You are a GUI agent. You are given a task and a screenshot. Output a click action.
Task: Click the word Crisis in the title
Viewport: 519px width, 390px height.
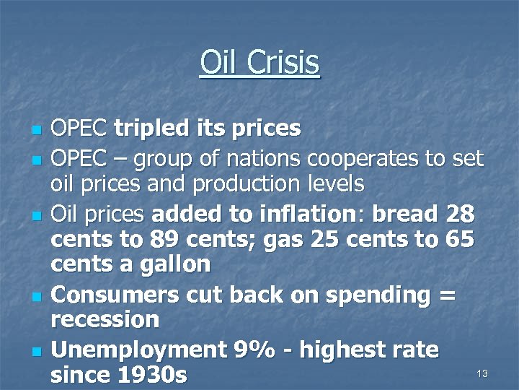tap(285, 63)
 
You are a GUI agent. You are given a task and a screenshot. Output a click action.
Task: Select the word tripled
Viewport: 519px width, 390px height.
tap(153, 129)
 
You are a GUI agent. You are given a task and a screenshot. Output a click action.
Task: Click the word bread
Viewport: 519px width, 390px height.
tap(407, 214)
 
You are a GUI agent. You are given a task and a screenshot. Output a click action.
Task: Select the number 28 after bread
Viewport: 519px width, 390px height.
tap(461, 214)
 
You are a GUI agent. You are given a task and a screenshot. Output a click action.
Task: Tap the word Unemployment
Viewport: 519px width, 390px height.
tap(138, 350)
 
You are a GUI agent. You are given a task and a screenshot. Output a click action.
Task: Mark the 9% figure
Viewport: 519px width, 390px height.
tap(252, 350)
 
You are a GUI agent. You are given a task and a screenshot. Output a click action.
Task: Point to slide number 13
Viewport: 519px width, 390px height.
tap(482, 373)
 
